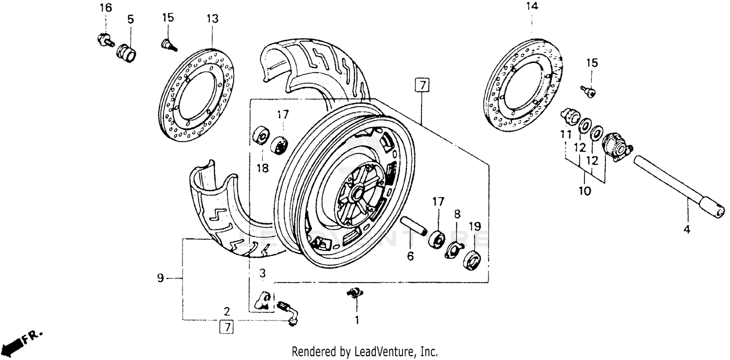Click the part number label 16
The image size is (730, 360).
(x=105, y=8)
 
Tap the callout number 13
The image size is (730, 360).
(x=212, y=19)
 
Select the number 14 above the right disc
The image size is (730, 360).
(x=532, y=7)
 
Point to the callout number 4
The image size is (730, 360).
(x=687, y=230)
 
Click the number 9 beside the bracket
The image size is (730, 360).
(x=160, y=279)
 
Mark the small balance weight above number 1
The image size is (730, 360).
(x=355, y=292)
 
